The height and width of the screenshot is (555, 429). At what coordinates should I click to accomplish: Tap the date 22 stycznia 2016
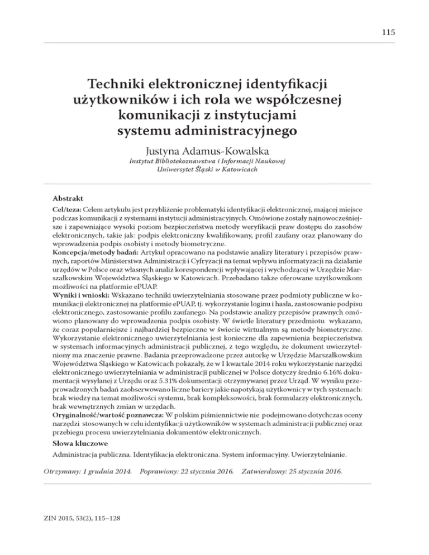(203, 473)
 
